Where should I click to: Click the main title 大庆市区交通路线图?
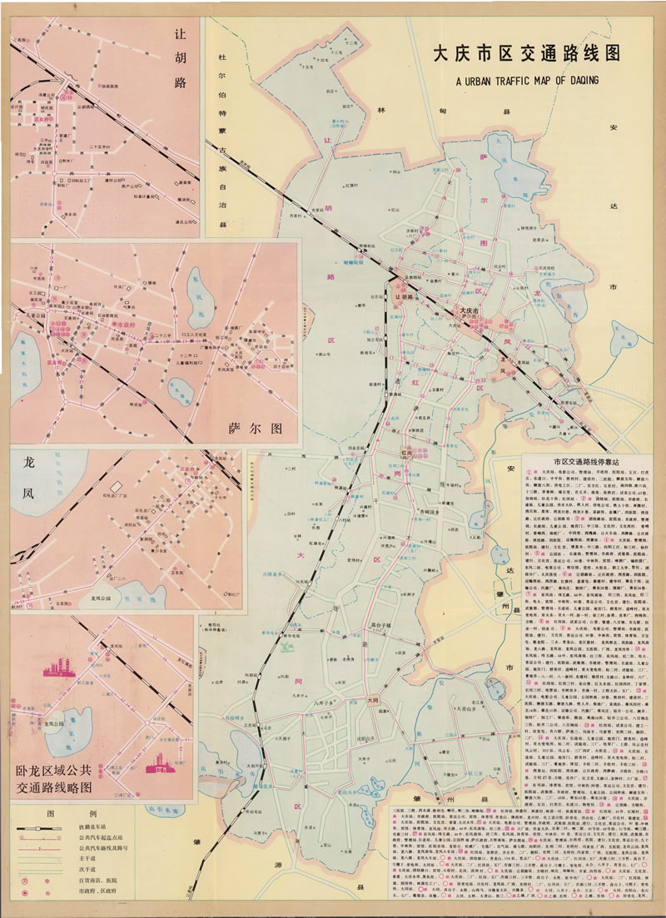pyautogui.click(x=526, y=56)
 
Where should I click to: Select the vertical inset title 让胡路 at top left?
pyautogui.click(x=180, y=59)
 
